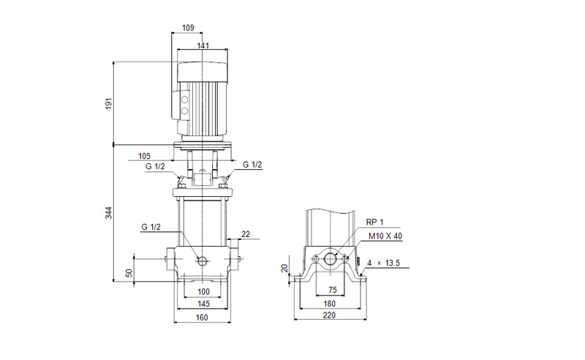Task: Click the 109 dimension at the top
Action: tap(187, 28)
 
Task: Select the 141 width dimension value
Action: tap(203, 46)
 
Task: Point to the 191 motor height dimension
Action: tap(109, 103)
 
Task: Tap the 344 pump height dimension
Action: tap(109, 213)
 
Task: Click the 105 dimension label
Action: tap(143, 156)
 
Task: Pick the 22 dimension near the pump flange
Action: tap(245, 233)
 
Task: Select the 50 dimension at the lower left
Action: tap(129, 272)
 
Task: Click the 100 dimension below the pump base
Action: tap(203, 292)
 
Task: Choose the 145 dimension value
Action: tap(203, 304)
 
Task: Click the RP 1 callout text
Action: tap(374, 222)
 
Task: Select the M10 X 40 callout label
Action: tap(385, 236)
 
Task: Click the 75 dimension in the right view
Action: tap(333, 290)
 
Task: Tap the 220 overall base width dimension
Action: tap(331, 316)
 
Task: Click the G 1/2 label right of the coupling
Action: tap(252, 165)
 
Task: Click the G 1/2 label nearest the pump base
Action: tap(151, 228)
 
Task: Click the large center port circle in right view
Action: tap(331, 259)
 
